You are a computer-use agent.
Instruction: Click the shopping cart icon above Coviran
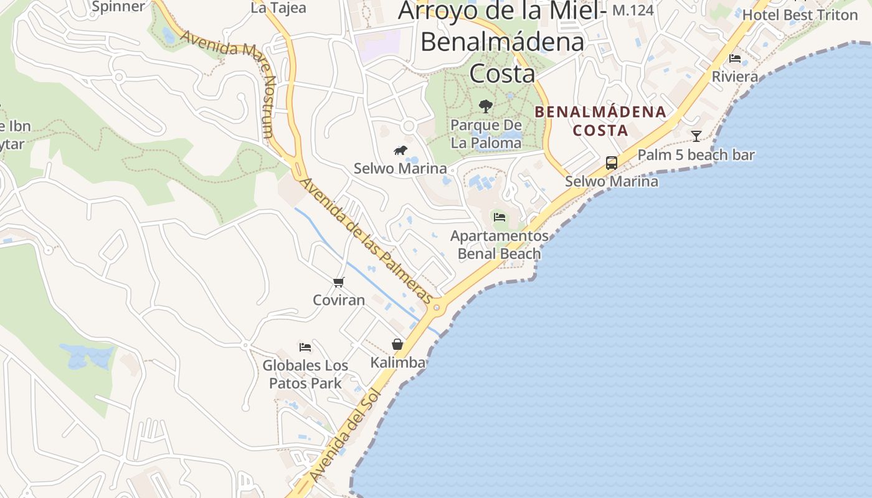pyautogui.click(x=339, y=283)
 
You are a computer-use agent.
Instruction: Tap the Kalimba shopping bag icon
pyautogui.click(x=397, y=344)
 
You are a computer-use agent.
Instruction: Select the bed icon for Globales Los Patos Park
pyautogui.click(x=305, y=347)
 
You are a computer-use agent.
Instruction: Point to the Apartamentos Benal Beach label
pyautogui.click(x=499, y=245)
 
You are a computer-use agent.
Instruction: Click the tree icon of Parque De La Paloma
pyautogui.click(x=486, y=106)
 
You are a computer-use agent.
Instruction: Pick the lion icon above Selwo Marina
pyautogui.click(x=400, y=151)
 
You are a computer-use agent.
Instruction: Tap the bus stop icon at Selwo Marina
pyautogui.click(x=612, y=163)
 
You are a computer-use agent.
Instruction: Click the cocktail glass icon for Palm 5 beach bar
pyautogui.click(x=696, y=136)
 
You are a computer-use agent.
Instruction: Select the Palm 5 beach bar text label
pyautogui.click(x=696, y=155)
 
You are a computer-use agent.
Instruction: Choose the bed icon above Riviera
pyautogui.click(x=735, y=59)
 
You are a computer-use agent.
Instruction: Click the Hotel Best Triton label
pyautogui.click(x=800, y=14)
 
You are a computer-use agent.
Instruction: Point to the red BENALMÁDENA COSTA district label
pyautogui.click(x=600, y=121)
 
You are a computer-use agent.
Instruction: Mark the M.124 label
pyautogui.click(x=633, y=10)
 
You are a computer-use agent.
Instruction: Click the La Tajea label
pyautogui.click(x=278, y=8)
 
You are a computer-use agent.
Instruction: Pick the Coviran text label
pyautogui.click(x=339, y=300)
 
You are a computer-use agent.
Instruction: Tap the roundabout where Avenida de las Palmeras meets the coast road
pyautogui.click(x=437, y=307)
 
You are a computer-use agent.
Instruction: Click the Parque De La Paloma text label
pyautogui.click(x=486, y=134)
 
